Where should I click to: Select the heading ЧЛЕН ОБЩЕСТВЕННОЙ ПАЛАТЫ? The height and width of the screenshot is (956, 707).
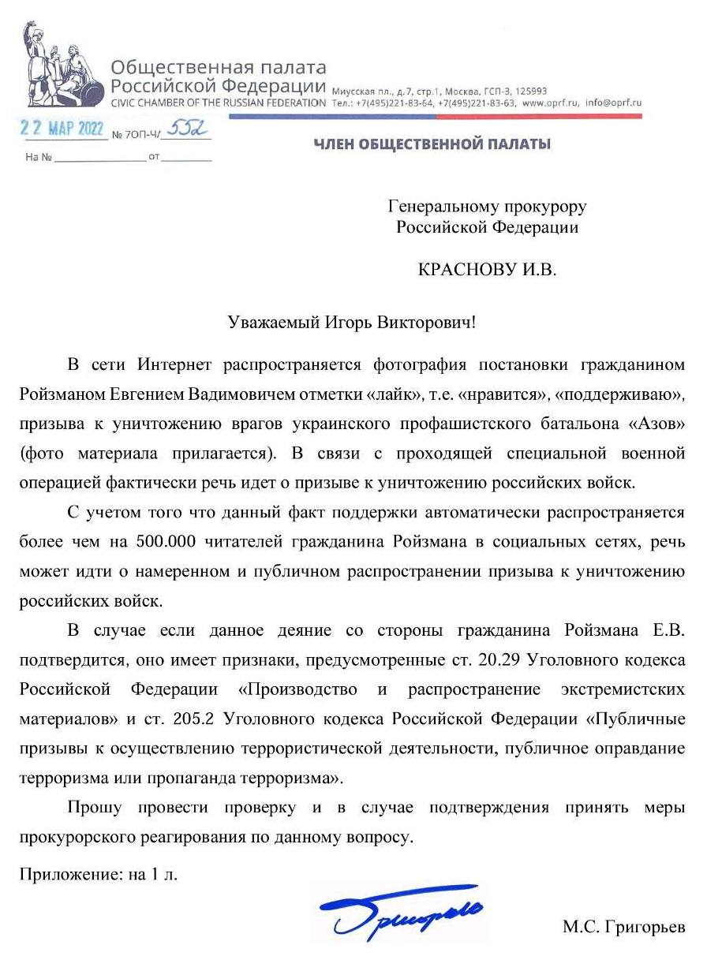point(432,144)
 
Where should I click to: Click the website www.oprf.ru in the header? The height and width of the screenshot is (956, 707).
point(551,103)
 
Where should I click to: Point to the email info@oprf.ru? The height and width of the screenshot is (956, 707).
point(614,103)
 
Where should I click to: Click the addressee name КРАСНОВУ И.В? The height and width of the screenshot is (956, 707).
point(487,270)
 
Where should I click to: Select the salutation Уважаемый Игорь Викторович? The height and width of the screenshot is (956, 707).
point(353,323)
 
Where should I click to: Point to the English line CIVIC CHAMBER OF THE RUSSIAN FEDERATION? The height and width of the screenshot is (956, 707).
point(218,103)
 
